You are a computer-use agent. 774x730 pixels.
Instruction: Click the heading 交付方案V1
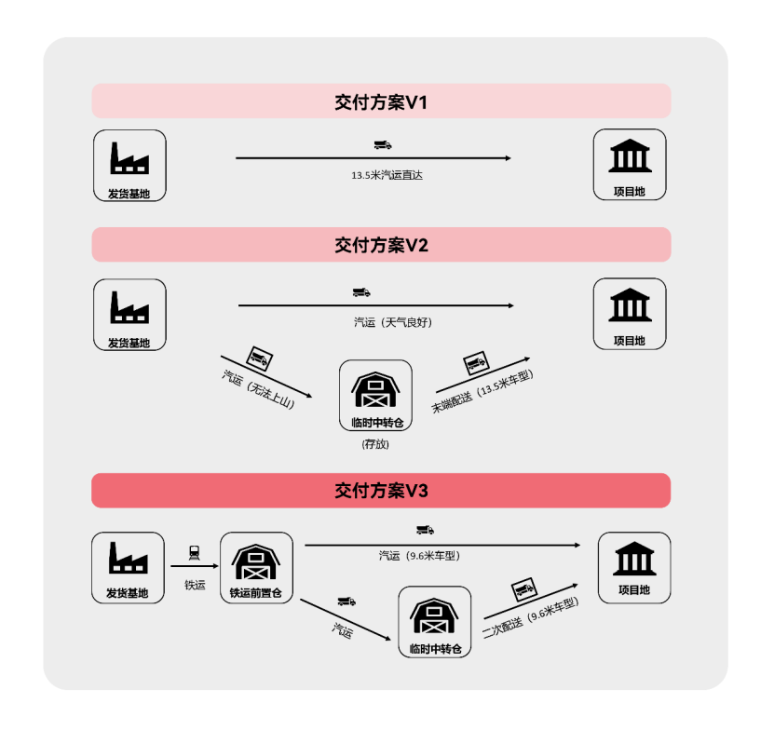(x=381, y=101)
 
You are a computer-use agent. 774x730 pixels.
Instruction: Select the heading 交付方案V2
(x=381, y=245)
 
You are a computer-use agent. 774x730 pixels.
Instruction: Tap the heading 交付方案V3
(x=381, y=490)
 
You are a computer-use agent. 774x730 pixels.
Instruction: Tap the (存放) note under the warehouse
(x=375, y=444)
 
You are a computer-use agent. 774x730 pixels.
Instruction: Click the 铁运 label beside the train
(x=195, y=585)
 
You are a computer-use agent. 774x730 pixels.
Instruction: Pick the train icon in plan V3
(x=195, y=552)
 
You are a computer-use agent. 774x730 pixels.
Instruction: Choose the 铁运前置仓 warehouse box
(x=256, y=567)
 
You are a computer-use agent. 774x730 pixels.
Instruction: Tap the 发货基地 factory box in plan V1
(x=129, y=165)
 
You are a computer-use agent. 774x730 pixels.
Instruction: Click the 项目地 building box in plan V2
(x=631, y=314)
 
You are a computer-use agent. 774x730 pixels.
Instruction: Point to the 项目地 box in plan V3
(x=633, y=567)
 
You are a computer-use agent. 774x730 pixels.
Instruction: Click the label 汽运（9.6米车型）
(x=419, y=556)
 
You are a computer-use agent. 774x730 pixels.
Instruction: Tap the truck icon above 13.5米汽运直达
(x=383, y=144)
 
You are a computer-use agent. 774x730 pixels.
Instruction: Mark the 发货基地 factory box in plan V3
(x=129, y=567)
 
